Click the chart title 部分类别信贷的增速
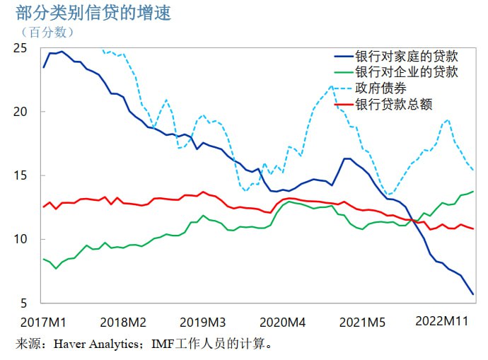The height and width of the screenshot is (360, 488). pos(93,13)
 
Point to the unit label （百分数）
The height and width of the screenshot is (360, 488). pos(47,32)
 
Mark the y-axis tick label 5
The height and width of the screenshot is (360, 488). pos(23,303)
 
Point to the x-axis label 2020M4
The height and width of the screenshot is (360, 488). pos(282,322)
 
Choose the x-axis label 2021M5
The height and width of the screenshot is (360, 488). pos(362,322)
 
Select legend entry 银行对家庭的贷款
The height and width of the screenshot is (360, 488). pos(407,56)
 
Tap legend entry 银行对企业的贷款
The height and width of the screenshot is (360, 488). pos(407,72)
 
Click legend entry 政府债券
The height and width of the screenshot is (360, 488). pos(380,88)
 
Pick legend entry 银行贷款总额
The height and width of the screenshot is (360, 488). pos(393,105)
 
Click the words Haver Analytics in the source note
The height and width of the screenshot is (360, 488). pos(98,344)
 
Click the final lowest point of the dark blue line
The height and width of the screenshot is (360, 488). pos(472,294)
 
